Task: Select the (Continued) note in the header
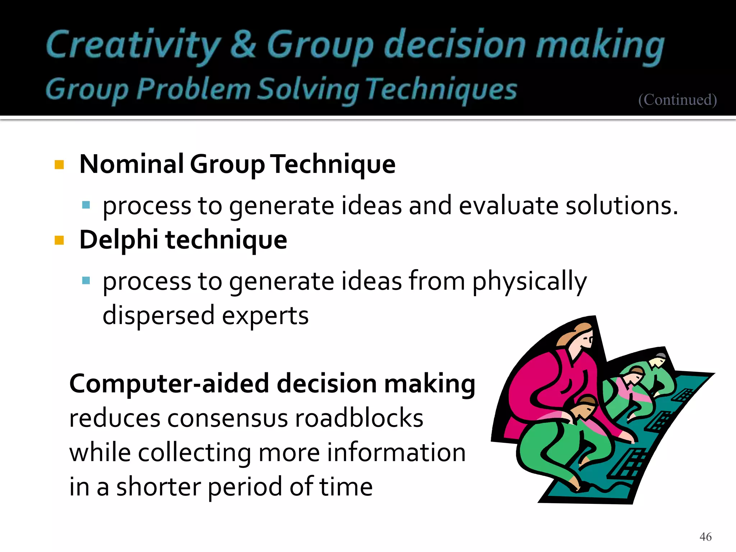(677, 100)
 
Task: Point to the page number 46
(705, 537)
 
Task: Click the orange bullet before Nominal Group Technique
(59, 165)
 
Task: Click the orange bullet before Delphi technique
(59, 240)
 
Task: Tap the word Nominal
(132, 164)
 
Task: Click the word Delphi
(119, 240)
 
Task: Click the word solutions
(622, 206)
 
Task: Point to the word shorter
(158, 487)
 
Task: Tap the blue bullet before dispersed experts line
(86, 281)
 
